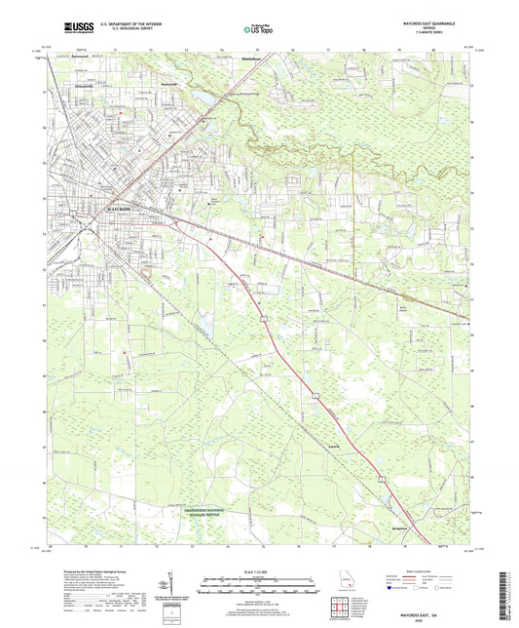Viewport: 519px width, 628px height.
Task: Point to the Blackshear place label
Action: click(252, 60)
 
